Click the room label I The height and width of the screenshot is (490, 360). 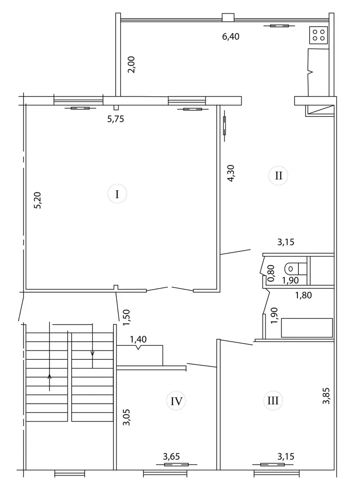(117, 194)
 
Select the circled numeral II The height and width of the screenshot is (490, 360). (278, 176)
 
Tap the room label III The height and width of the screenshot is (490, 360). (273, 400)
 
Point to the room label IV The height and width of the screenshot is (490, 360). (177, 401)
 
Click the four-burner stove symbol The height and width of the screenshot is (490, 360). (319, 34)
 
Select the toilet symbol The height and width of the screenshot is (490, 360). (292, 268)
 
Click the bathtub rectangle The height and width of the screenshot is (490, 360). (307, 328)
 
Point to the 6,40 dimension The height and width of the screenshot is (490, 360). (231, 37)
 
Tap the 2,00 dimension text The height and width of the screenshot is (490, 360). (132, 64)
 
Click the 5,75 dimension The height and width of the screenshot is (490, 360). (116, 119)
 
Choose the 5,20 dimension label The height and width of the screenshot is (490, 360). (38, 201)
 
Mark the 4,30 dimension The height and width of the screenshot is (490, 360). (231, 173)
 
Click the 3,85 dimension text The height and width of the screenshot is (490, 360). (326, 396)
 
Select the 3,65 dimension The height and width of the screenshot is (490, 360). (172, 456)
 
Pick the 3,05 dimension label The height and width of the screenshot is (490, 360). (127, 417)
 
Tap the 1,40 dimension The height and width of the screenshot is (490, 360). (138, 339)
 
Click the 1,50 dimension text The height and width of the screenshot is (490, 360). (126, 318)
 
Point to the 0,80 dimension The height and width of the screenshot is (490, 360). (271, 273)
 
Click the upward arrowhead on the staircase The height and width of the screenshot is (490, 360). (49, 376)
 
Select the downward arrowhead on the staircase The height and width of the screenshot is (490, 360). (92, 353)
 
